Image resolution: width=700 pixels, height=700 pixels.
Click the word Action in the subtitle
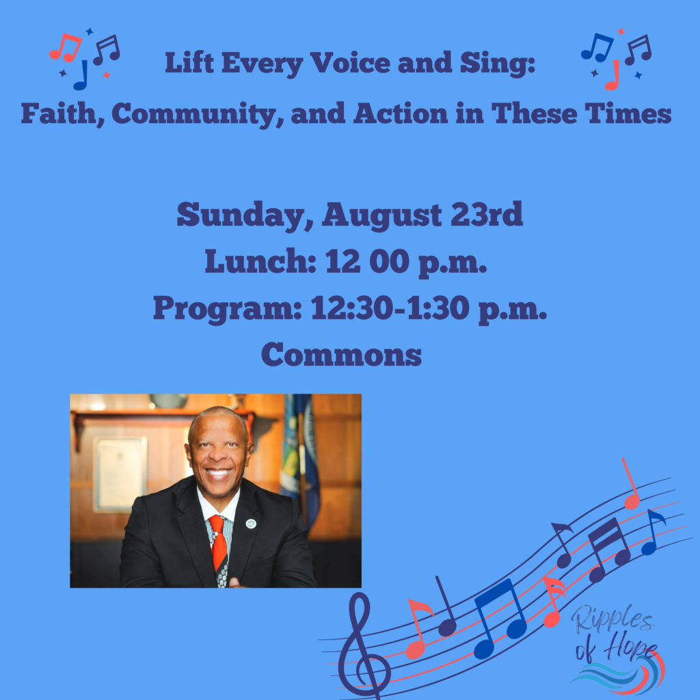coord(400,113)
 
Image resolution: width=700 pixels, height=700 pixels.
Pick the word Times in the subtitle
coord(628,113)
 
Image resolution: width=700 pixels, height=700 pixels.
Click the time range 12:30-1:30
coord(390,308)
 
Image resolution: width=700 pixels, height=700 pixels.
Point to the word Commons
coord(342,355)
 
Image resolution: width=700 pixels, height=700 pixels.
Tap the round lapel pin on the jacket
coord(251,523)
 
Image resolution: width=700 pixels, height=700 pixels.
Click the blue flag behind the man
coord(299,460)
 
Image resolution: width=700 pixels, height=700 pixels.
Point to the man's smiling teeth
coord(218,472)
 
